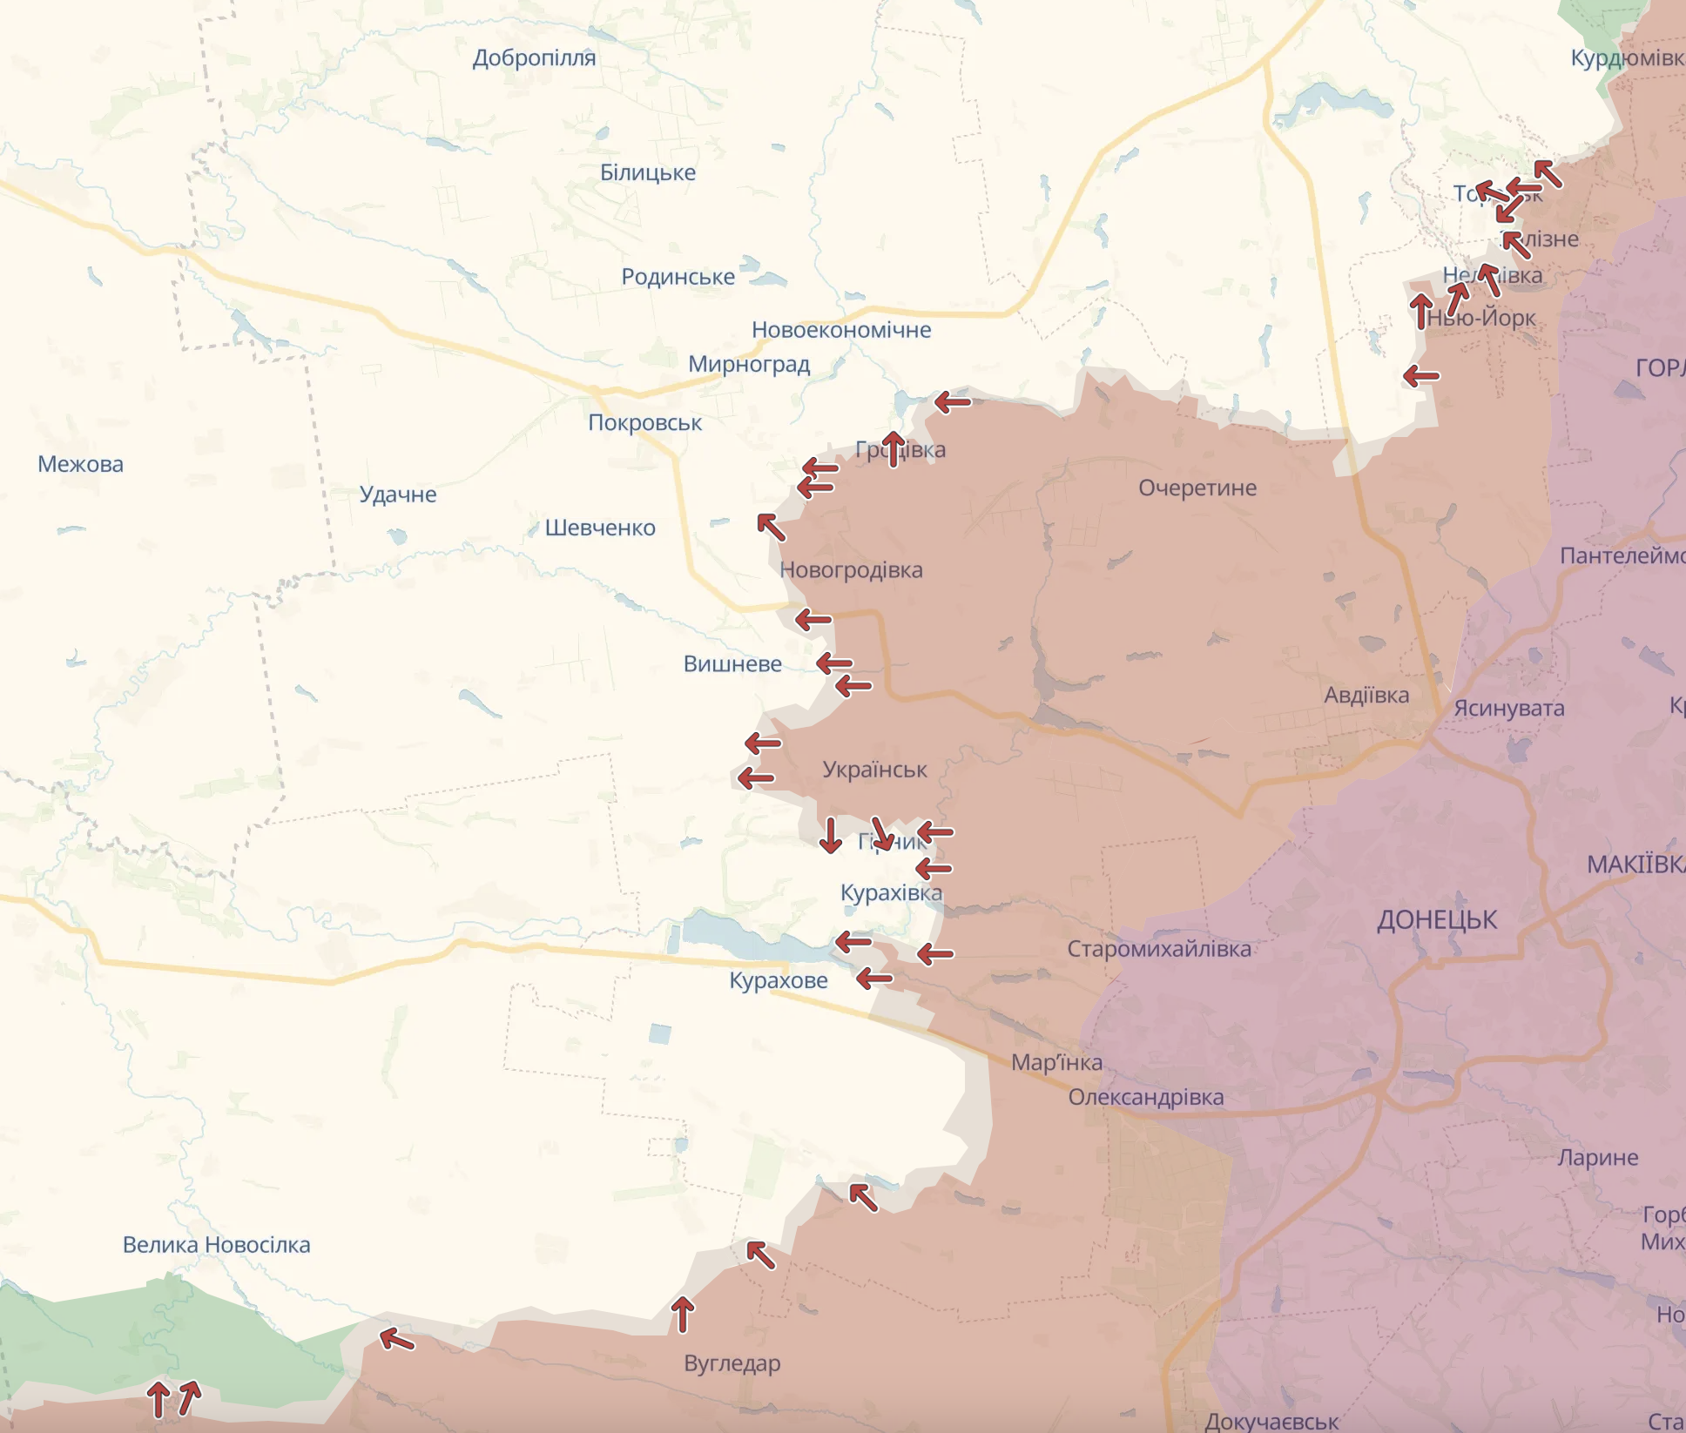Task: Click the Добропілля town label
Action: [534, 58]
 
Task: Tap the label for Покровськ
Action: [644, 423]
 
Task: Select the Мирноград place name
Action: [749, 364]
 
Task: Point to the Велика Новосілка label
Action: [216, 1245]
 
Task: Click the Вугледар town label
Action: [732, 1363]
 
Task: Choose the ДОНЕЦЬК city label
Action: [1437, 920]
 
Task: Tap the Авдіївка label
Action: [1366, 696]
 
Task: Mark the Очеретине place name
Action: [1197, 488]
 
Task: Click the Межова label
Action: [80, 464]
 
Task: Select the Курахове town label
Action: [778, 981]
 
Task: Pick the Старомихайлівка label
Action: [1159, 949]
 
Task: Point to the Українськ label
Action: [874, 770]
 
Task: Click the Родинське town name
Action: [678, 277]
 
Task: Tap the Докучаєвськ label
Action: [1271, 1422]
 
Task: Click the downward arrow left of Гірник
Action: [830, 835]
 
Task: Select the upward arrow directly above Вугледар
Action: [683, 1315]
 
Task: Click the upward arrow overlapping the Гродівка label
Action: [893, 448]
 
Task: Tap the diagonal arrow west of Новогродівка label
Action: [771, 527]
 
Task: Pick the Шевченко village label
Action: [600, 528]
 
